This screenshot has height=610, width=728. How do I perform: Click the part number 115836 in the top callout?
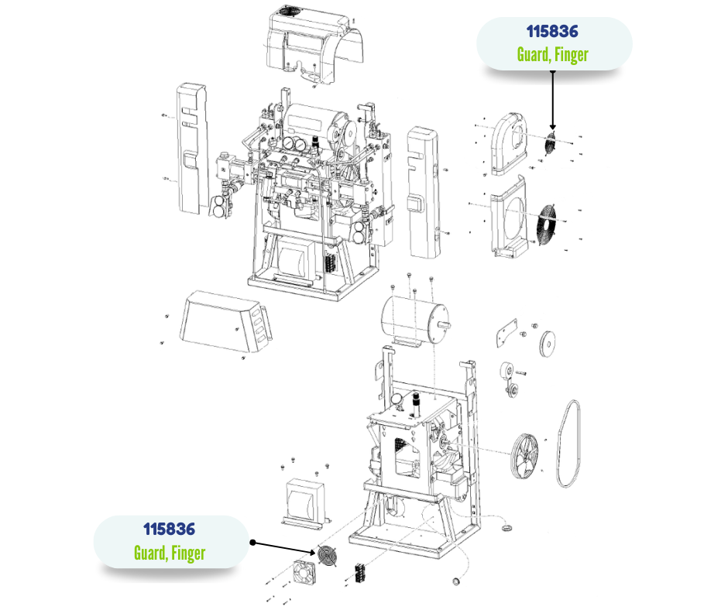[552, 32]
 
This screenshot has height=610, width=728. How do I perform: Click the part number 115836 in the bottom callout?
[169, 529]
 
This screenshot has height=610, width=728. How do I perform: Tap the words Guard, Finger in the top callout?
[552, 55]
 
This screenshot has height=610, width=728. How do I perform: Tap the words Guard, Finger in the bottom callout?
[170, 553]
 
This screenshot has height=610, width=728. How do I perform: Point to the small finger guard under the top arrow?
[551, 143]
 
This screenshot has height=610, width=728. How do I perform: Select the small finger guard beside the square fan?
[328, 556]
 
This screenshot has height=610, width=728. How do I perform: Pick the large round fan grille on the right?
[547, 222]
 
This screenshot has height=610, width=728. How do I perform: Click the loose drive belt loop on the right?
[568, 444]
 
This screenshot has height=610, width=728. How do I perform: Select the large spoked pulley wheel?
[524, 457]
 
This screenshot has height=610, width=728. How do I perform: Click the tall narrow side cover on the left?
[193, 149]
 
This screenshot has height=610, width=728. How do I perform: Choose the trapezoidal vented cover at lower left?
[225, 321]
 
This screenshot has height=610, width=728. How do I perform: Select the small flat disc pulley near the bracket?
[548, 344]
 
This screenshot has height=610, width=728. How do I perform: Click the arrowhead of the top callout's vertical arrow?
[552, 127]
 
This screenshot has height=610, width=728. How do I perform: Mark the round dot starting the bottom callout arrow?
[252, 542]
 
